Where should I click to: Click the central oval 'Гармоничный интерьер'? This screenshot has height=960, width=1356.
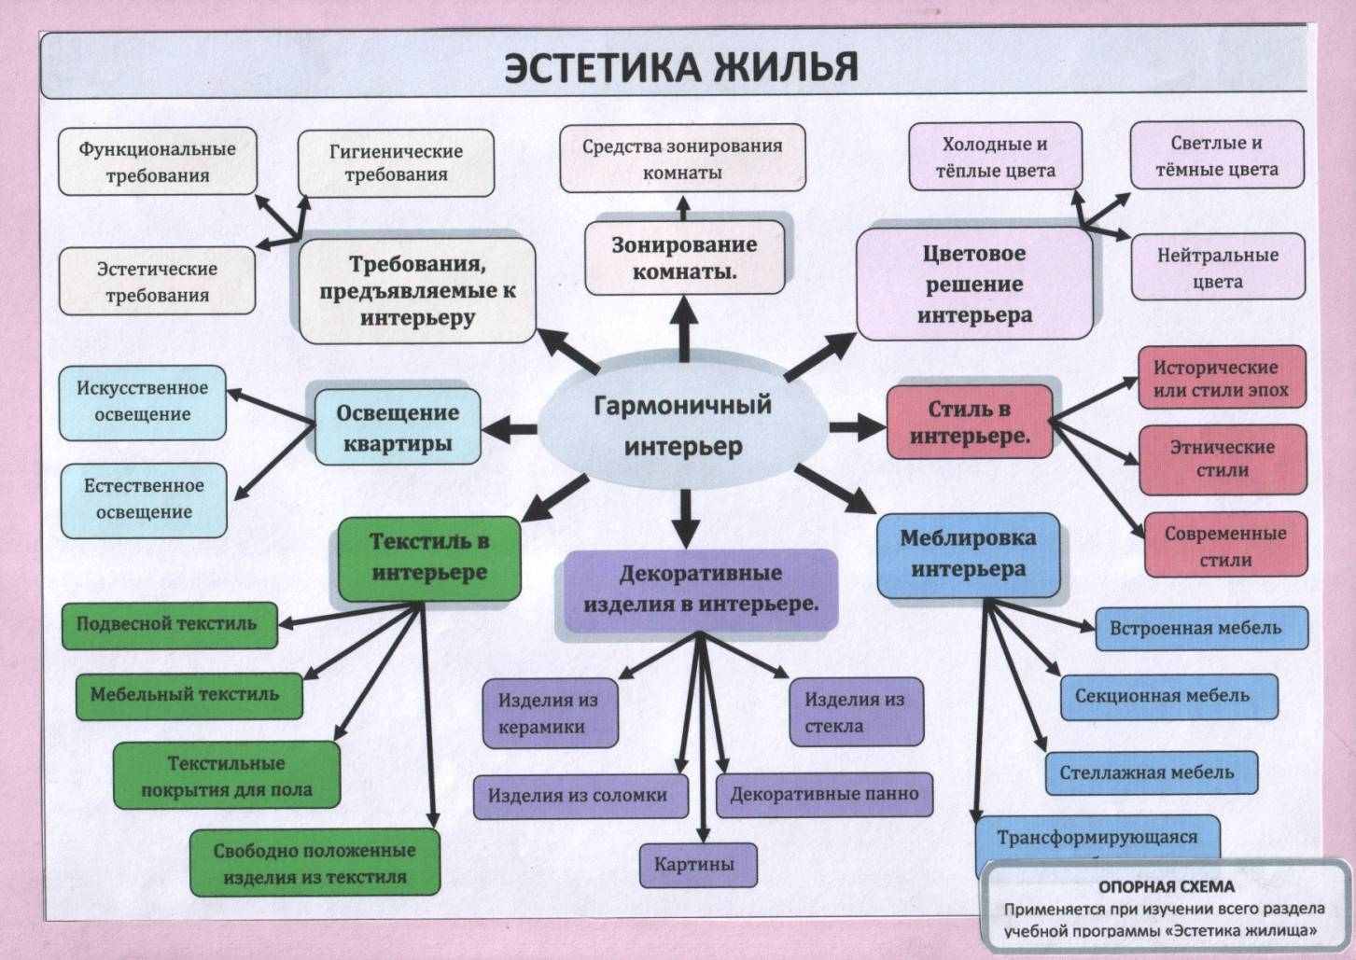click(682, 425)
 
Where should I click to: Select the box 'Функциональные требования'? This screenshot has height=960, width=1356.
click(157, 161)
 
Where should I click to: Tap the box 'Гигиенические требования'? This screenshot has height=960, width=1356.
click(396, 162)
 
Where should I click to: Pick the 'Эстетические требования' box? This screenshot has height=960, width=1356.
click(157, 281)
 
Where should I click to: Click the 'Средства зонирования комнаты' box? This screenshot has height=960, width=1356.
click(682, 159)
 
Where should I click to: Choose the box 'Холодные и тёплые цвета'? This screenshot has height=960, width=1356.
click(995, 157)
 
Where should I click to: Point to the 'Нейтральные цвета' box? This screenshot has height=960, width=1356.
click(1217, 267)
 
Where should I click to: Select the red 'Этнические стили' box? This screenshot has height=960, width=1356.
click(1222, 458)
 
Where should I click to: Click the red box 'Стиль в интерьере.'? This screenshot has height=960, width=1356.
click(970, 422)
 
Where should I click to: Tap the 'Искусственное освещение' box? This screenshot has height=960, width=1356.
click(143, 401)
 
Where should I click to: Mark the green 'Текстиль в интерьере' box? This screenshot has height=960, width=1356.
click(429, 557)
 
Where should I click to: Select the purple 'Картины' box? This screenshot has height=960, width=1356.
click(697, 864)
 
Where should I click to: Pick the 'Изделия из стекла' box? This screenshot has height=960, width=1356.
click(854, 712)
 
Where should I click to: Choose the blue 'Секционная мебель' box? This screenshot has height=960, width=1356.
click(1167, 696)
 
